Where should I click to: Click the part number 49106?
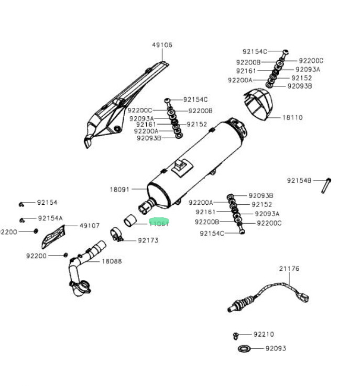coord(162,45)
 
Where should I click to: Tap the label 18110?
coord(292,118)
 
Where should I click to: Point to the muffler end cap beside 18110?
coord(260,104)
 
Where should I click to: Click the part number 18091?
coord(119,189)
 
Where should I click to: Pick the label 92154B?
coord(299,181)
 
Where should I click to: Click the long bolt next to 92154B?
coord(325,185)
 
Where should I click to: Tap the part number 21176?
coord(289,269)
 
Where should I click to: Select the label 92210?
coord(264,334)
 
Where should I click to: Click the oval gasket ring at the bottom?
coord(244,348)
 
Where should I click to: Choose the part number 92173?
coord(148,240)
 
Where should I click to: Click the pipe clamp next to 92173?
coord(117,234)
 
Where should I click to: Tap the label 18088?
coord(112,261)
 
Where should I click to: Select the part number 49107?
coord(90,226)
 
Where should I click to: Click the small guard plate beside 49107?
coord(54,236)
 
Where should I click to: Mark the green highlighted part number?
coord(159,223)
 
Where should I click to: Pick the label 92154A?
coord(50,218)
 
